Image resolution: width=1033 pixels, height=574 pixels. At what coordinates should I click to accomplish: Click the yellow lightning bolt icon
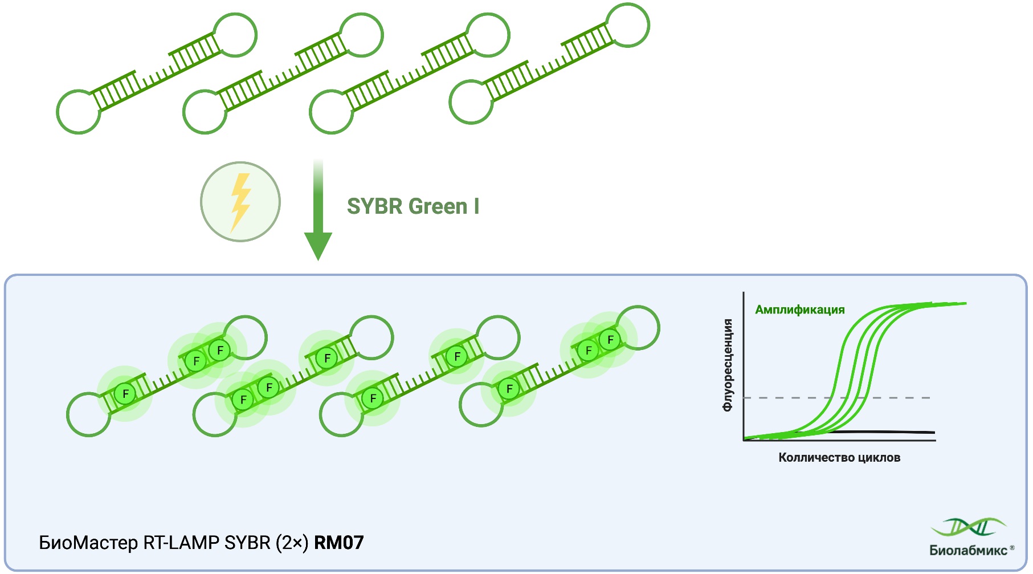(x=240, y=202)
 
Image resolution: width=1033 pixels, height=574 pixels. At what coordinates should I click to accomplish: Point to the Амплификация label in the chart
(x=799, y=310)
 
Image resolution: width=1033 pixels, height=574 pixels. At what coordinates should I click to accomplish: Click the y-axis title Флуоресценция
(x=727, y=365)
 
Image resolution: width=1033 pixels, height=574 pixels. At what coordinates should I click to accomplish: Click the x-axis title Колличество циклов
(x=839, y=457)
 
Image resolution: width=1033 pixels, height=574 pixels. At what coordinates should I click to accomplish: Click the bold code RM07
(x=338, y=542)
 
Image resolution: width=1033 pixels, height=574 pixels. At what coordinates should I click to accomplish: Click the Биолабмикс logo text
(x=968, y=550)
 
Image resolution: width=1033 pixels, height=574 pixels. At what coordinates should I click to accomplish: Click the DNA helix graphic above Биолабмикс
(x=968, y=527)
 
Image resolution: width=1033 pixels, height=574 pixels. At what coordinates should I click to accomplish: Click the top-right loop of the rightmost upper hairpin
(x=627, y=26)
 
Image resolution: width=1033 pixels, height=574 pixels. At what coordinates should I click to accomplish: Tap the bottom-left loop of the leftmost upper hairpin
(x=79, y=112)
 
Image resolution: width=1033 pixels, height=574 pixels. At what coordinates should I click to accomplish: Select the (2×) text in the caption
(x=292, y=542)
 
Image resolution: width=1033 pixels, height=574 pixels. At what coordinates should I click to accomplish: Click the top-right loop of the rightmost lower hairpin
(x=638, y=328)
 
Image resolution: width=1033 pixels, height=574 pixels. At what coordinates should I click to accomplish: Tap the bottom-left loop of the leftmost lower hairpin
(x=88, y=414)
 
